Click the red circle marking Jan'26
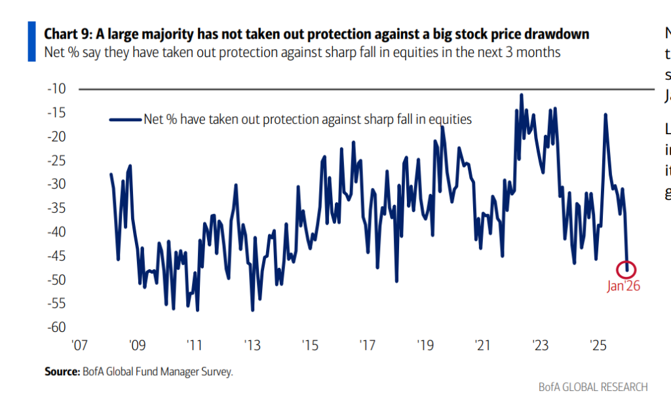(x=627, y=268)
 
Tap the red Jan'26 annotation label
(x=623, y=286)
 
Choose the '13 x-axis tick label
(x=252, y=345)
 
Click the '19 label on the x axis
(x=425, y=345)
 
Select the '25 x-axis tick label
(x=598, y=345)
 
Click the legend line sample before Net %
(x=125, y=119)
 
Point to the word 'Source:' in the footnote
(x=61, y=372)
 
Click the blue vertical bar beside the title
(x=31, y=41)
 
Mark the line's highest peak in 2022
(x=522, y=95)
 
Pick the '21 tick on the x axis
(x=483, y=345)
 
